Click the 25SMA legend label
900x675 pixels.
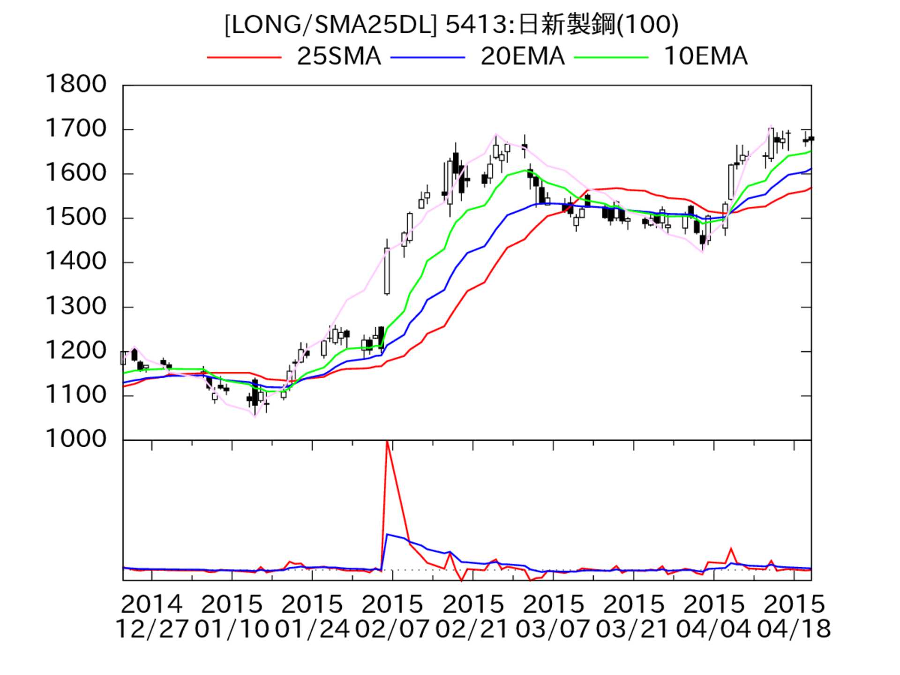click(x=338, y=57)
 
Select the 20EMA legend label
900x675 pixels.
click(x=522, y=57)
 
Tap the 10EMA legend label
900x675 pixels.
click(x=705, y=57)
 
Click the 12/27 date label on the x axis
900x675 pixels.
click(x=151, y=629)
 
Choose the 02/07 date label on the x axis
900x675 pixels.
click(x=392, y=629)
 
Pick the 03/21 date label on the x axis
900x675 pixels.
click(x=633, y=629)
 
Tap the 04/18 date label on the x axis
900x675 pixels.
click(x=794, y=629)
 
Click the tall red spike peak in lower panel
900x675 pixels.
click(x=387, y=442)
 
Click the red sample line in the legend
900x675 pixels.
click(x=244, y=57)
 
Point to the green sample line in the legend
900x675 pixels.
click(x=611, y=57)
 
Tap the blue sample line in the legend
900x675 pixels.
click(x=427, y=57)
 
